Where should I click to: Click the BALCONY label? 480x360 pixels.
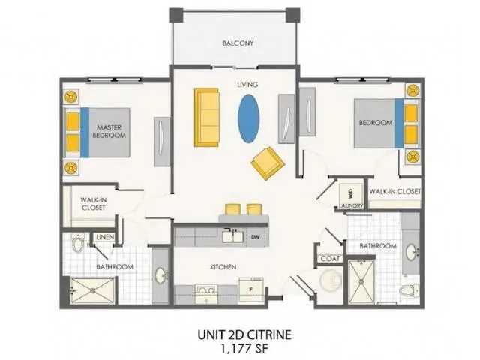(238, 43)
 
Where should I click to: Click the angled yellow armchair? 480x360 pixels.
(266, 163)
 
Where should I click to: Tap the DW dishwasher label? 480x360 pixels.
(255, 237)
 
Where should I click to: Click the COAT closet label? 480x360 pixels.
(330, 259)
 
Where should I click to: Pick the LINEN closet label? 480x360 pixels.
(105, 238)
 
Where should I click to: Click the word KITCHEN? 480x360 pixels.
(223, 266)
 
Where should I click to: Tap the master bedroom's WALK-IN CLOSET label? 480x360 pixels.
(92, 205)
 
